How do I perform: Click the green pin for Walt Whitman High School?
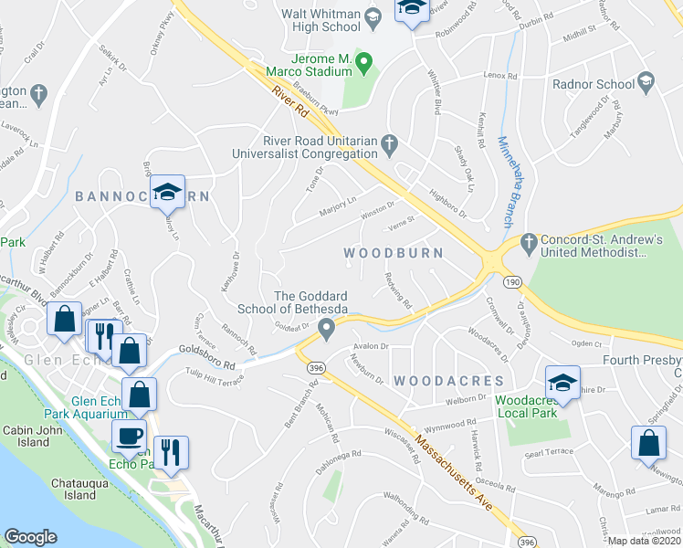point(373,16)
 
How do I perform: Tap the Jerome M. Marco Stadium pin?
point(364,63)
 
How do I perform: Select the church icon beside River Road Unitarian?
point(389,142)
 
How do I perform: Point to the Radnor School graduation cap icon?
point(646,85)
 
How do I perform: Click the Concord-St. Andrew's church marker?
point(527,243)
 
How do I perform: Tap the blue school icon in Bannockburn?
point(168,192)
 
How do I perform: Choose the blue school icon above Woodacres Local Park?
point(562,382)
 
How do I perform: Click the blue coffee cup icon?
point(129,435)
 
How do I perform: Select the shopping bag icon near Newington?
point(647,443)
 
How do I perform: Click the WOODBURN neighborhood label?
point(393,252)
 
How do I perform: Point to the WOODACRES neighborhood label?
point(448,379)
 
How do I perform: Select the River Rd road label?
point(289,102)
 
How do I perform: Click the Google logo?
point(30,537)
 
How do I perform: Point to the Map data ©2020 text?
point(644,541)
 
